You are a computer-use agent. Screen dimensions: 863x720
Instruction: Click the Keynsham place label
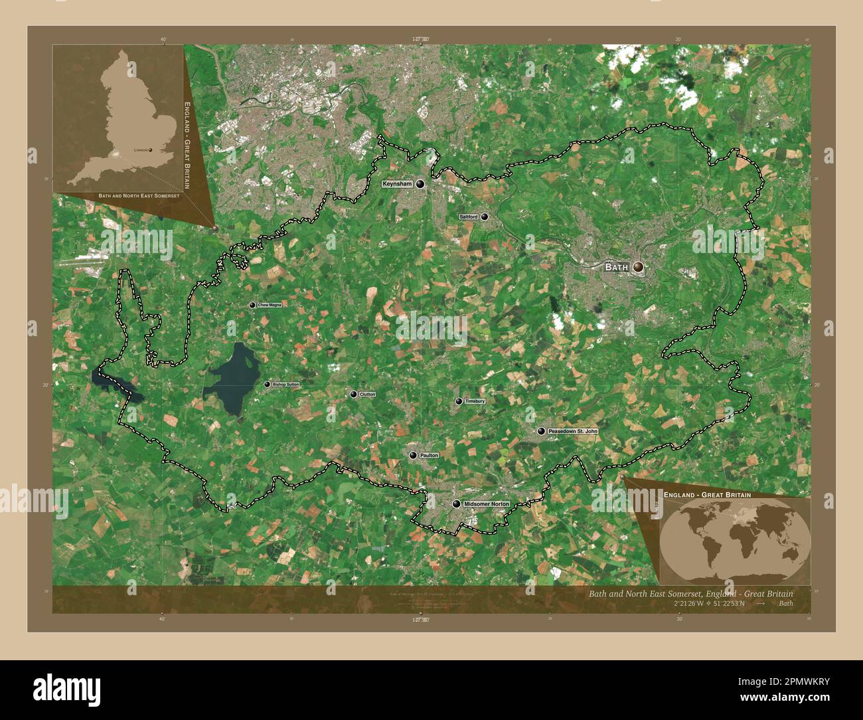398,184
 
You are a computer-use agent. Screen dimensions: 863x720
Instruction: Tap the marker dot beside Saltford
485,217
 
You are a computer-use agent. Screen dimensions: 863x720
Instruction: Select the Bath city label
616,267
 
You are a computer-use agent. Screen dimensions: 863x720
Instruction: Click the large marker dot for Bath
638,266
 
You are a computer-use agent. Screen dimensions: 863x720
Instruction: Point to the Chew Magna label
270,305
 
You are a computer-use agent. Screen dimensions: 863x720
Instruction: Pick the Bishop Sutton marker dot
267,385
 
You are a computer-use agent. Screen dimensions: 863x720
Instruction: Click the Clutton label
367,395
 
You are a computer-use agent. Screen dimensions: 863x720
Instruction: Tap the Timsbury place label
475,402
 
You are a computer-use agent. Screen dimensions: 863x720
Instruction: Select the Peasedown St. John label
573,432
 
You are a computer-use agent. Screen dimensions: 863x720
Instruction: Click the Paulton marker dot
413,455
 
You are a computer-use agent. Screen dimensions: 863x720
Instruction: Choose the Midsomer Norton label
487,504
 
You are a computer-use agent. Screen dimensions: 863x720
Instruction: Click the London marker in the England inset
151,150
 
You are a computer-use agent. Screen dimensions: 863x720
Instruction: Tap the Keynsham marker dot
420,185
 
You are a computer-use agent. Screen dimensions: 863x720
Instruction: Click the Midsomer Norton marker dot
456,504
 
